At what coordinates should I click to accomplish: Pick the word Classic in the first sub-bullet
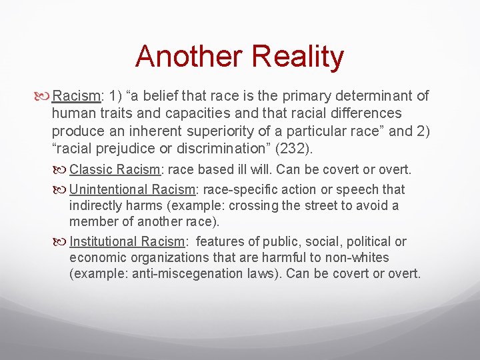91,170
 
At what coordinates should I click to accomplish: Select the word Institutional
105,241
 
